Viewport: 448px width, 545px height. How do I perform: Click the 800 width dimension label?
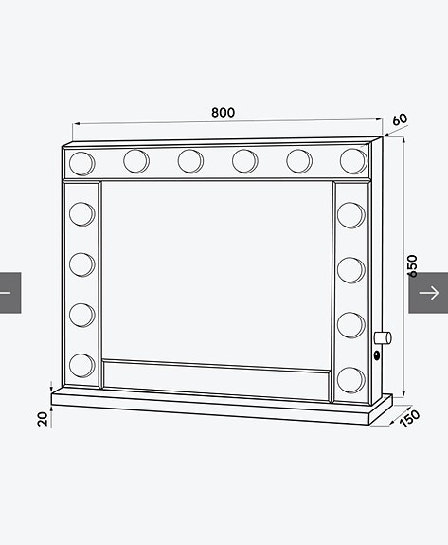point(224,113)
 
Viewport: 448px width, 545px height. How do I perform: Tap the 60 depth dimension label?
point(399,120)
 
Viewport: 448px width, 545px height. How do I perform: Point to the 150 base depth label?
point(408,418)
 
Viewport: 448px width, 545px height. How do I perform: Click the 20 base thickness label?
point(43,417)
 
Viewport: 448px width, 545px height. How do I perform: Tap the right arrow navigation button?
point(428,292)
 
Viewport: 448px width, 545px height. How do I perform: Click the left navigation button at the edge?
point(9,292)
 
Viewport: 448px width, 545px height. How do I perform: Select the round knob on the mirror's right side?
point(383,337)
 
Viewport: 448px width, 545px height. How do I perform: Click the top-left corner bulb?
point(81,161)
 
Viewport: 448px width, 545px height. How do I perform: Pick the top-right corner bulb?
point(353,160)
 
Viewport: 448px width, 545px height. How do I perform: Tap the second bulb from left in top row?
point(135,161)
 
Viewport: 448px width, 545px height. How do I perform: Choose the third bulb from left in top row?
point(190,161)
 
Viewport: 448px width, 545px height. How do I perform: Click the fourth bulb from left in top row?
point(245,161)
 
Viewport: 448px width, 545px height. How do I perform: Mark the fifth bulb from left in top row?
point(299,161)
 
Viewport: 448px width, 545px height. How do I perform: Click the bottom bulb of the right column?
point(350,379)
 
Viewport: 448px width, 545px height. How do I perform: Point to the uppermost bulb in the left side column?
point(82,211)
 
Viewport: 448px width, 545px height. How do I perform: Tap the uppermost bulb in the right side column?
point(350,215)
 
